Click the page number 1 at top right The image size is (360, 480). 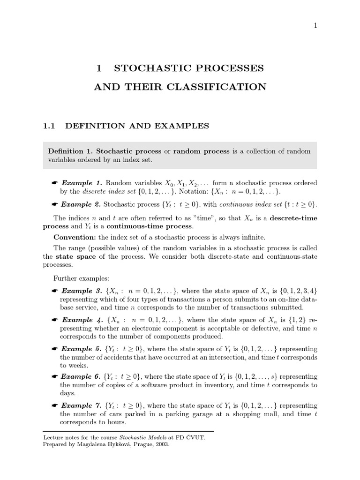point(315,26)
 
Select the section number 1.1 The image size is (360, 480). point(49,126)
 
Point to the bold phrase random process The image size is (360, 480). point(202,151)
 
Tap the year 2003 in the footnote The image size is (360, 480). point(160,444)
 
